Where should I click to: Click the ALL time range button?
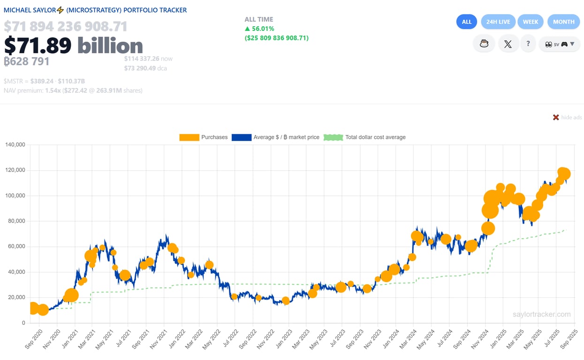tap(466, 22)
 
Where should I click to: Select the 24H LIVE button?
tap(498, 22)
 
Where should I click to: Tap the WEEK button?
tap(531, 22)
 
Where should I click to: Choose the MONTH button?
tap(563, 22)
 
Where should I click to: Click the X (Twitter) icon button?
tap(508, 44)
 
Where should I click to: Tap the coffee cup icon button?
tap(484, 44)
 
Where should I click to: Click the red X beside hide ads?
tap(556, 117)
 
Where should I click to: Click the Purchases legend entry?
tap(204, 137)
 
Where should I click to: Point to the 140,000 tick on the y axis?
tap(15, 145)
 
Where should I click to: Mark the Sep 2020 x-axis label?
tap(32, 340)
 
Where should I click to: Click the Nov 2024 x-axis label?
tap(479, 340)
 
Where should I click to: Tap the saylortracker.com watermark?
tap(541, 315)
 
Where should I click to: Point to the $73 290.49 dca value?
tap(145, 68)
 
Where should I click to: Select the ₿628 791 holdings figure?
tap(27, 61)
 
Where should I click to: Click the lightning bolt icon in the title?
tap(60, 10)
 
